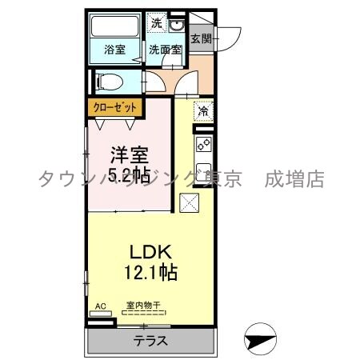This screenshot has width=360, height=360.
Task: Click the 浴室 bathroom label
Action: (x=116, y=50)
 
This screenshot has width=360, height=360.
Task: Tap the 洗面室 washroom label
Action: (x=166, y=50)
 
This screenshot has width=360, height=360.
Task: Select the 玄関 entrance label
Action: (x=201, y=38)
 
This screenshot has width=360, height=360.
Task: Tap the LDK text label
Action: (x=150, y=251)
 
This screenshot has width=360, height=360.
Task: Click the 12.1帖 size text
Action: (x=150, y=271)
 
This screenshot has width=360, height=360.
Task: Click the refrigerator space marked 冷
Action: (x=203, y=110)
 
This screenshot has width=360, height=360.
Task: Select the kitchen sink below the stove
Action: (x=203, y=172)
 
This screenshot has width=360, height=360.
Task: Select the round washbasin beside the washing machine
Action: (x=177, y=25)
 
